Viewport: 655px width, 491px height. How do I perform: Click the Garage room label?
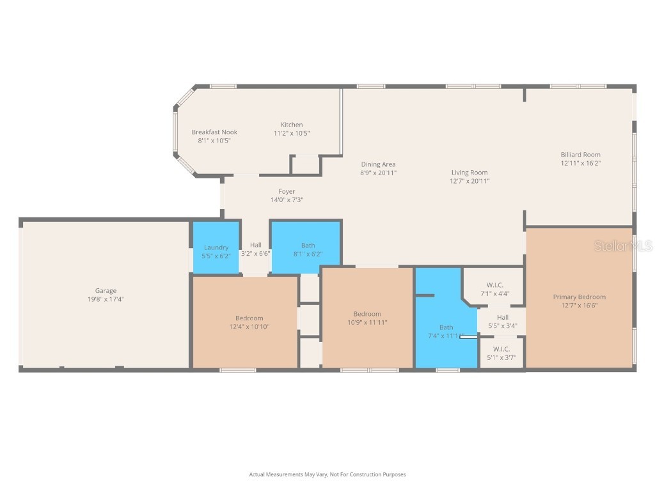[106, 291]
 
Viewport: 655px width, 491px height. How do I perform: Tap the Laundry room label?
[216, 247]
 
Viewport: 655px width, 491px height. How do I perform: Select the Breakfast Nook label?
[214, 132]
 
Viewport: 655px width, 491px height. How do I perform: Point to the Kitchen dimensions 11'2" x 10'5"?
[292, 133]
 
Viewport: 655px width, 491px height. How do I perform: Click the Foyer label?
[287, 191]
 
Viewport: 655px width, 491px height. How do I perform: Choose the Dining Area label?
[378, 164]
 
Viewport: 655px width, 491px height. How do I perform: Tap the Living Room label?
[470, 172]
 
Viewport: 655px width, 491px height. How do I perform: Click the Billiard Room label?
[580, 154]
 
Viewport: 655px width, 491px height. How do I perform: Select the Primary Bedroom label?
[579, 297]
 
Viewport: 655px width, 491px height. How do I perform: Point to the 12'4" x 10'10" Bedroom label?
[249, 318]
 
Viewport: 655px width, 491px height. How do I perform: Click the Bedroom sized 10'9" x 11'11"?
[367, 314]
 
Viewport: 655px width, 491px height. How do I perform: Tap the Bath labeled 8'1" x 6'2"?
[308, 245]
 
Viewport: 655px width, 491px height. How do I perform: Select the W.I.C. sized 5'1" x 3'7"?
[501, 349]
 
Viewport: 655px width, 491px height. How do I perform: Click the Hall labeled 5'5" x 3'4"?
[502, 317]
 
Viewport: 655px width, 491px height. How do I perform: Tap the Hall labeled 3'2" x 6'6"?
[255, 245]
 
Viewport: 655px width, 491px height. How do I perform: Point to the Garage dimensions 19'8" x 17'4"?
[106, 299]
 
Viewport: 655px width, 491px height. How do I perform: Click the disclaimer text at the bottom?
[327, 474]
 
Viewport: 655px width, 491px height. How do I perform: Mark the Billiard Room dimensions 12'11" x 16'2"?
[580, 163]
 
